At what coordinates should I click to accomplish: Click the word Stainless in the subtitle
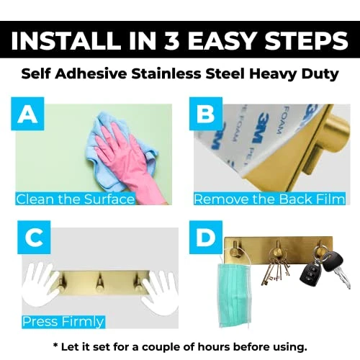click(x=166, y=73)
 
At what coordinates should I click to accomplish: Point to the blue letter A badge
click(x=27, y=114)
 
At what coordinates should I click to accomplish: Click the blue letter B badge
click(x=206, y=114)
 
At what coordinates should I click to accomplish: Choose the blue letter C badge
click(x=34, y=238)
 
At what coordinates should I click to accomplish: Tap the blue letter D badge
click(x=206, y=238)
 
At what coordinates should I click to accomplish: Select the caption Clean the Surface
click(x=75, y=199)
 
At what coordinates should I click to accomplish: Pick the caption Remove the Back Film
click(x=269, y=199)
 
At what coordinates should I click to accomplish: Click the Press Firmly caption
click(x=63, y=322)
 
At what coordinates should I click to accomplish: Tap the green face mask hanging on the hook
click(x=235, y=295)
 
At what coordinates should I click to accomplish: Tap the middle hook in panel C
click(x=99, y=283)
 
